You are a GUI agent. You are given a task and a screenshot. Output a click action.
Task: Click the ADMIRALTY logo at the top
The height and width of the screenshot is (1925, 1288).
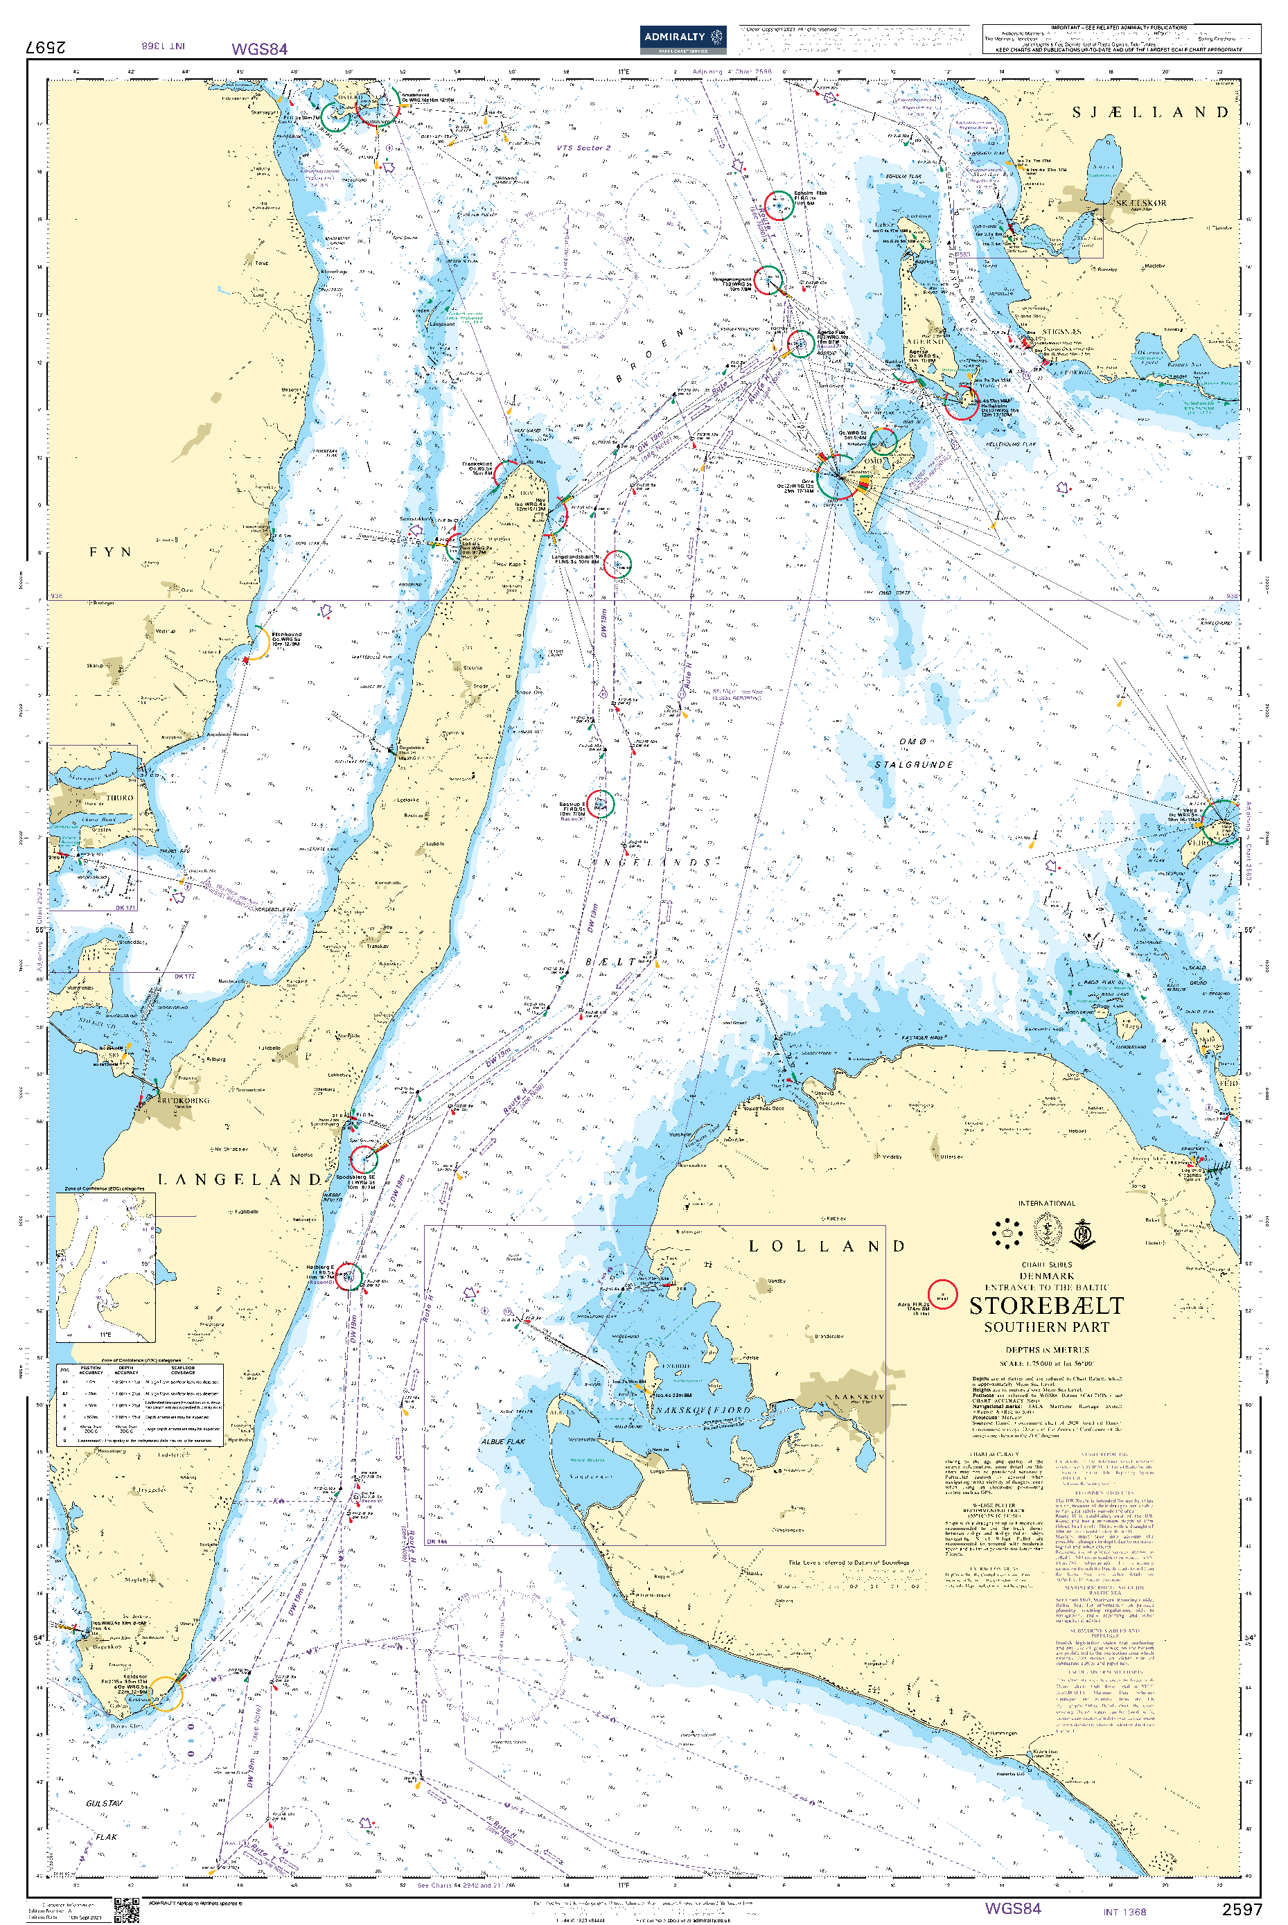pyautogui.click(x=682, y=38)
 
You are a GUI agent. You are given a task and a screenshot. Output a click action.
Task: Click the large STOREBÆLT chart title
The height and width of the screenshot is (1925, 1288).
pyautogui.click(x=1046, y=1306)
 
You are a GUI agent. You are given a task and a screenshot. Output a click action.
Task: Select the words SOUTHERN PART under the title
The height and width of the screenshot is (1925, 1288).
pyautogui.click(x=1046, y=1327)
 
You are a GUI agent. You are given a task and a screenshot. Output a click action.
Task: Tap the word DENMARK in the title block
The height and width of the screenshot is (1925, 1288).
pyautogui.click(x=1046, y=1276)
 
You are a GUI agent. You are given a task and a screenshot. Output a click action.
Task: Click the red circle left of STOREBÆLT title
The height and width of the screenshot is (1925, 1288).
pyautogui.click(x=942, y=1294)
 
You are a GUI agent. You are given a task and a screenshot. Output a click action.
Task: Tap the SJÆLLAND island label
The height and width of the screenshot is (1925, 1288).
pyautogui.click(x=1150, y=112)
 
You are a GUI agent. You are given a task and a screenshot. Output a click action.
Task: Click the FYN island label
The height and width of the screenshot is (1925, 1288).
pyautogui.click(x=110, y=552)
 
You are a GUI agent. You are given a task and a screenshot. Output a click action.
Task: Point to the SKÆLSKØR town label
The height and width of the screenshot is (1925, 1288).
pyautogui.click(x=1140, y=203)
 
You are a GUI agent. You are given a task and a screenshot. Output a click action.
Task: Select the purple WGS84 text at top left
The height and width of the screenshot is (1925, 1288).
pyautogui.click(x=260, y=49)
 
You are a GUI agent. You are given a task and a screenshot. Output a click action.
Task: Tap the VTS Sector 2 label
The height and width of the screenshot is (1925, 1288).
pyautogui.click(x=583, y=148)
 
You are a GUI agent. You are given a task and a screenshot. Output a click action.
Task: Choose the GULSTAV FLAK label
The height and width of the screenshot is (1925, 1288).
pyautogui.click(x=105, y=1820)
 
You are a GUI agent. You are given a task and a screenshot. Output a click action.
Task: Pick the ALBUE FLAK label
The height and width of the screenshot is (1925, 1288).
pyautogui.click(x=503, y=1441)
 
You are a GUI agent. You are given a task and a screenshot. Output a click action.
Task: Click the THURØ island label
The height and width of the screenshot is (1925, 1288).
pyautogui.click(x=119, y=797)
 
